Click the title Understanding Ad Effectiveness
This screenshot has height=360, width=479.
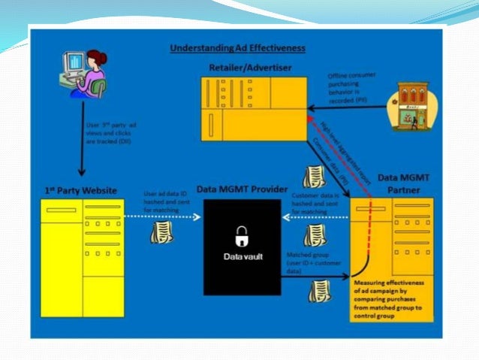click(x=237, y=48)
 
